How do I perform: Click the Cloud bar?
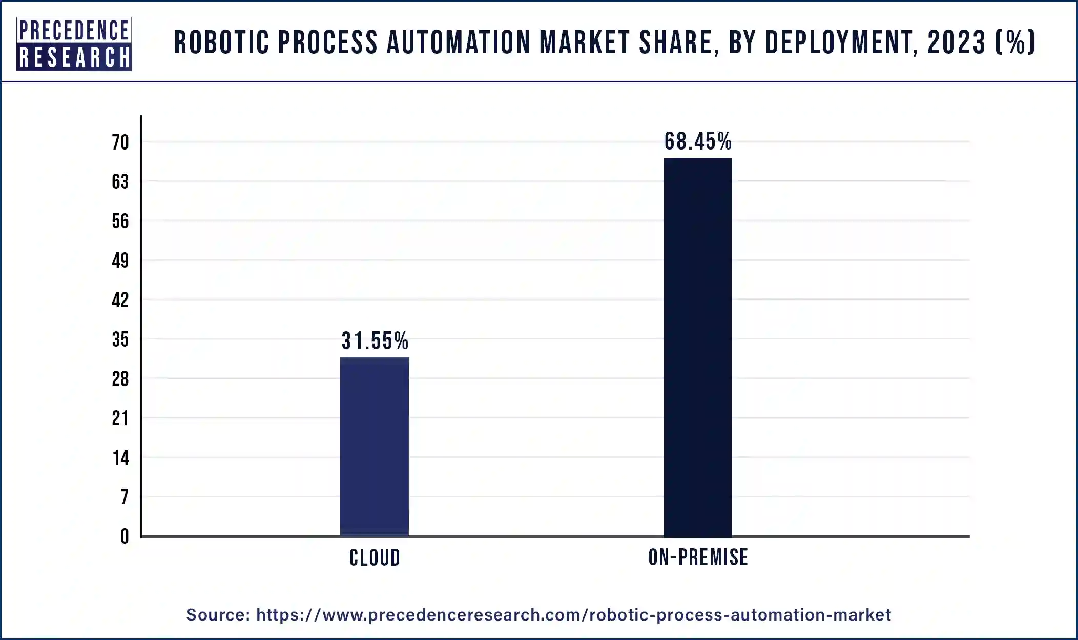375,446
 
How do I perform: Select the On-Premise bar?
697,347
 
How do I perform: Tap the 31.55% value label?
375,341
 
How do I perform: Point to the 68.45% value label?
698,142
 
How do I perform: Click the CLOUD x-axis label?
375,558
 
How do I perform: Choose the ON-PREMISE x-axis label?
698,557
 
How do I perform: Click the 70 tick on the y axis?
120,142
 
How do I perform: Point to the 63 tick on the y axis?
120,182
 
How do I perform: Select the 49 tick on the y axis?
120,261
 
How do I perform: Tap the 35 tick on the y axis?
120,339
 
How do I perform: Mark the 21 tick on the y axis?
120,419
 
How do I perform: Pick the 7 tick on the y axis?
125,497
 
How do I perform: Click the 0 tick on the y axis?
125,537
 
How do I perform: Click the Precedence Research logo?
74,44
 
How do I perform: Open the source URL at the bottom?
573,614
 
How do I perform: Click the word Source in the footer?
217,614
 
